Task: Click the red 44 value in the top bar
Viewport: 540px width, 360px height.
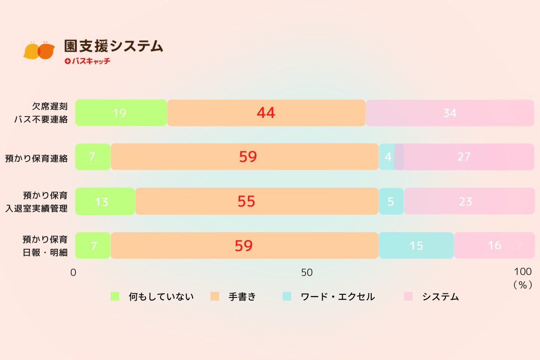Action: [266, 113]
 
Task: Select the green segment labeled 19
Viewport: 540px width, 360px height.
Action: [121, 113]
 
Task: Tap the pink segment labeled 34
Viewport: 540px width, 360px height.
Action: [450, 113]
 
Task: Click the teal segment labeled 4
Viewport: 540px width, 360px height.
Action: [387, 157]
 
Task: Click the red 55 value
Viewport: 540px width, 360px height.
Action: [246, 202]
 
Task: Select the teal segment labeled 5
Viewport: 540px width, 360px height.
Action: [391, 202]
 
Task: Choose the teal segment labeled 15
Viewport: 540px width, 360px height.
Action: [416, 246]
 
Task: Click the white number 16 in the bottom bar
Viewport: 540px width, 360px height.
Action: [495, 246]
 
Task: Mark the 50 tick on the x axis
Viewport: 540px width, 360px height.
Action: [307, 273]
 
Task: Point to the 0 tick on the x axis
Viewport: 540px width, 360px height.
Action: [73, 273]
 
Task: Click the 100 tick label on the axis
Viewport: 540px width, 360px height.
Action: [522, 272]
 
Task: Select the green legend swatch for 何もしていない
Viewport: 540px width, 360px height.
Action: [115, 296]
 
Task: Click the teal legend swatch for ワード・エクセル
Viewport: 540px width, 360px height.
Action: [287, 296]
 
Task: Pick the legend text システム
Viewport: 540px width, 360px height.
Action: [440, 297]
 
